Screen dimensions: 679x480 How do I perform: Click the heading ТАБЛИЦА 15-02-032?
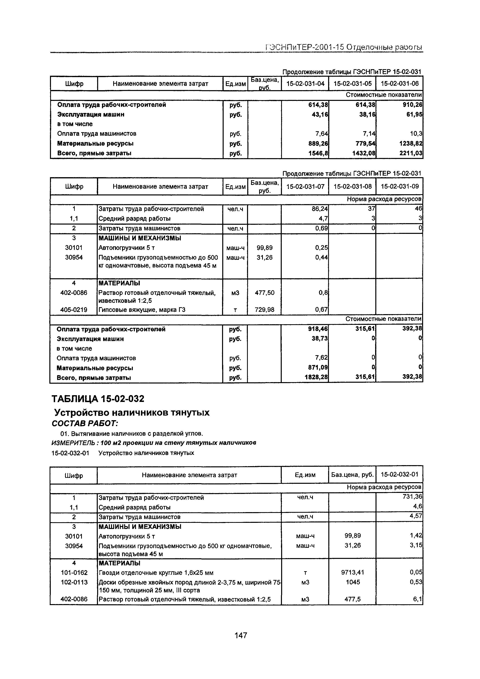click(98, 399)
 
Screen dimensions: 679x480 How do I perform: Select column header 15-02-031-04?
click(305, 84)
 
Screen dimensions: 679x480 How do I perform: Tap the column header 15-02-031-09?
click(400, 187)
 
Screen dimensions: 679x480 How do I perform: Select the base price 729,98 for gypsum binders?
click(264, 310)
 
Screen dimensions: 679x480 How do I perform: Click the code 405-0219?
click(74, 310)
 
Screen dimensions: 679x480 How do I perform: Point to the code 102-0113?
click(74, 582)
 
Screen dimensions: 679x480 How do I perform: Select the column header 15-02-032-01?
click(400, 475)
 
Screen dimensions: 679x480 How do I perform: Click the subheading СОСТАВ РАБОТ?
click(85, 424)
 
